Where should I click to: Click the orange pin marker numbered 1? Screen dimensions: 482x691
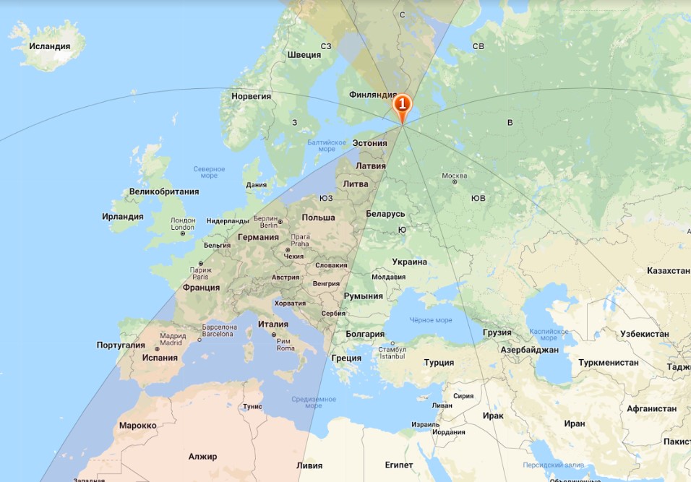click(x=402, y=106)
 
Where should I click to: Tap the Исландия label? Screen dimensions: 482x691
click(x=50, y=46)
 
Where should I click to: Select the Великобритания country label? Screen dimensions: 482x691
click(x=163, y=191)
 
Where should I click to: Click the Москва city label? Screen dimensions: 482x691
click(x=454, y=176)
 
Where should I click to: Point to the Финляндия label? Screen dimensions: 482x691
click(x=373, y=95)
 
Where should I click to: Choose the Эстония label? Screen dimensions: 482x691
click(x=369, y=143)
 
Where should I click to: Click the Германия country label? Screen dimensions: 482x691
click(x=258, y=237)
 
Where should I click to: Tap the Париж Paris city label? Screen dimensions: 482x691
click(x=200, y=273)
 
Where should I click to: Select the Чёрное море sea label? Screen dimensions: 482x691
click(x=430, y=320)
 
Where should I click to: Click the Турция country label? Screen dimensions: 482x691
click(x=439, y=363)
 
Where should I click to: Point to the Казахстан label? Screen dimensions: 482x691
click(x=668, y=270)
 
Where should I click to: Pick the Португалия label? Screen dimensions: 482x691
click(x=121, y=345)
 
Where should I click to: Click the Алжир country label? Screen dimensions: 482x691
click(x=202, y=457)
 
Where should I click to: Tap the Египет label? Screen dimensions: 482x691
click(x=399, y=465)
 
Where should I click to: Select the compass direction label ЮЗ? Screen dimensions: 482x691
click(x=326, y=198)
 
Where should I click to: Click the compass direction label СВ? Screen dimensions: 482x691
click(x=478, y=46)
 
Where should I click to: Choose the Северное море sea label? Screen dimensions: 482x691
click(x=210, y=172)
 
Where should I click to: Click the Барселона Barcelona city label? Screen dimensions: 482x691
click(x=219, y=330)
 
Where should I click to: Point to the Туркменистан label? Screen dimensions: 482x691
click(x=608, y=362)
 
